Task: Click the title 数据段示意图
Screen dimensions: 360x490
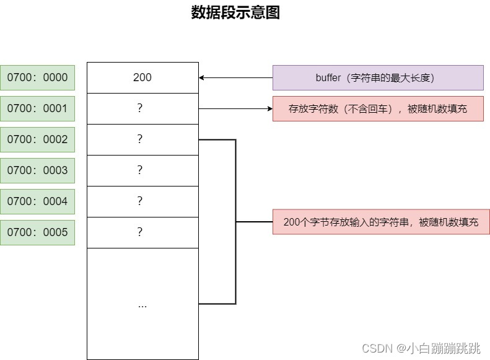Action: pos(235,13)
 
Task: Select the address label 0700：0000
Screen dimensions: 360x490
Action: pos(38,77)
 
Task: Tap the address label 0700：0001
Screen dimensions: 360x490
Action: pos(38,108)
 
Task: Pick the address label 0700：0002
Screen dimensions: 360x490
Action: pos(38,139)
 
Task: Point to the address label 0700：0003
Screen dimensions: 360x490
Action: pos(38,170)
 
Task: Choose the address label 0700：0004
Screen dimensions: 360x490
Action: pos(38,201)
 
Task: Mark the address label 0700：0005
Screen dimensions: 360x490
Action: pos(38,232)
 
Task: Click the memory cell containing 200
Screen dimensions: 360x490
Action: pos(142,77)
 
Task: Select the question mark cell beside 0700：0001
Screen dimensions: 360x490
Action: pos(142,108)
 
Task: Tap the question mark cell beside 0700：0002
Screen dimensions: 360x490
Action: pos(142,139)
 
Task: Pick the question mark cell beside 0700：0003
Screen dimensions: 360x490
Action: pos(142,170)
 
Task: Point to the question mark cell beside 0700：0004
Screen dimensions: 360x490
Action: pos(142,201)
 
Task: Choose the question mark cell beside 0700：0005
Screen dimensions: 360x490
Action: pos(142,232)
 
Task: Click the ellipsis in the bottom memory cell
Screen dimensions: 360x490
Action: pos(142,305)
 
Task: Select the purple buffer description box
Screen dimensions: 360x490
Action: pos(378,78)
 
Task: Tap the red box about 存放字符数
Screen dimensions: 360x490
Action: pos(378,108)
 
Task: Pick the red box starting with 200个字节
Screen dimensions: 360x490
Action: pos(381,222)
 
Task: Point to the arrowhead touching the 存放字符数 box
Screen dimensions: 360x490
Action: pos(269,108)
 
